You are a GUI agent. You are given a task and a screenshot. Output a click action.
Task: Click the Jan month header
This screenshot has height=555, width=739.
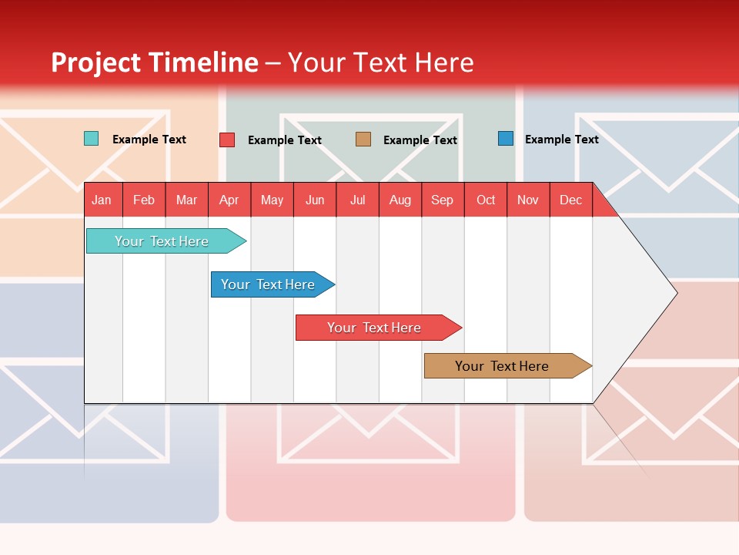coord(102,200)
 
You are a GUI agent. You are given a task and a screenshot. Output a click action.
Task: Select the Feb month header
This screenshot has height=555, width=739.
coord(144,200)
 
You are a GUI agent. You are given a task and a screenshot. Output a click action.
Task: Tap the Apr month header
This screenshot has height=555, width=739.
coord(229,200)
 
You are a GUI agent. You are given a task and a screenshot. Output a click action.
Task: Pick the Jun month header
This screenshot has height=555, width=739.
coord(315,200)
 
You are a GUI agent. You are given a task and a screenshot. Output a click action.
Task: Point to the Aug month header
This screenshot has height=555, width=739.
coord(400,200)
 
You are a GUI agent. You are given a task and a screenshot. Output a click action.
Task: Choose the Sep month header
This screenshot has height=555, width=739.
coord(442,200)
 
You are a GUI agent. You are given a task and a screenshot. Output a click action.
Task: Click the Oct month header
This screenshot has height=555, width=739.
coord(486,200)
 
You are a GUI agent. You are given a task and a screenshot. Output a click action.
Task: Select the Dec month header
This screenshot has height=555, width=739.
coord(570,200)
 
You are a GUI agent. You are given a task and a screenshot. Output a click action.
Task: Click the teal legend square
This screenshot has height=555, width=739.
coord(91,139)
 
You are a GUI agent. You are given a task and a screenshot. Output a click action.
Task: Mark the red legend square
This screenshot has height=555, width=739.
coord(227,140)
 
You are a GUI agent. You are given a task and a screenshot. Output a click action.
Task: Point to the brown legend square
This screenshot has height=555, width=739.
coord(363,140)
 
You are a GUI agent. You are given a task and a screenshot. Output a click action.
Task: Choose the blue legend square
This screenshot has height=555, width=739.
coord(506,139)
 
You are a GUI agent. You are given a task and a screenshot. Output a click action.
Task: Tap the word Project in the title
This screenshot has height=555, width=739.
coord(96,62)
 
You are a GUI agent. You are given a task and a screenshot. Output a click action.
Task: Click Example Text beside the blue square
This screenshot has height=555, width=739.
coord(561,140)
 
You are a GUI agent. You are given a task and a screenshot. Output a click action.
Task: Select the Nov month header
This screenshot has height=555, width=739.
coord(528,200)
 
